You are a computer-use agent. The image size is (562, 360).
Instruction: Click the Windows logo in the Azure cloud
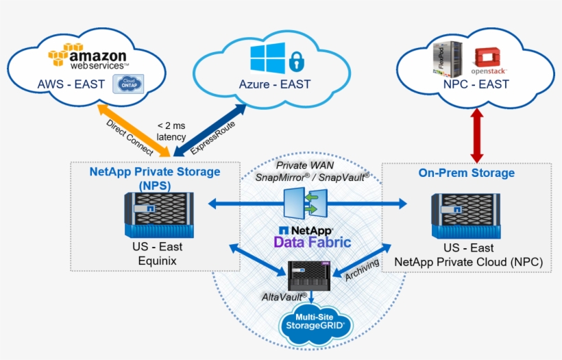point(267,58)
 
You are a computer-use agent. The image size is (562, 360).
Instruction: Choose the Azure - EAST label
point(274,84)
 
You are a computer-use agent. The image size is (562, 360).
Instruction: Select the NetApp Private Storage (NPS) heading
point(155,178)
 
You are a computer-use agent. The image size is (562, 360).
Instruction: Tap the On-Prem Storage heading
point(466,173)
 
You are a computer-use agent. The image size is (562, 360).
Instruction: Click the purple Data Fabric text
point(312,242)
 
